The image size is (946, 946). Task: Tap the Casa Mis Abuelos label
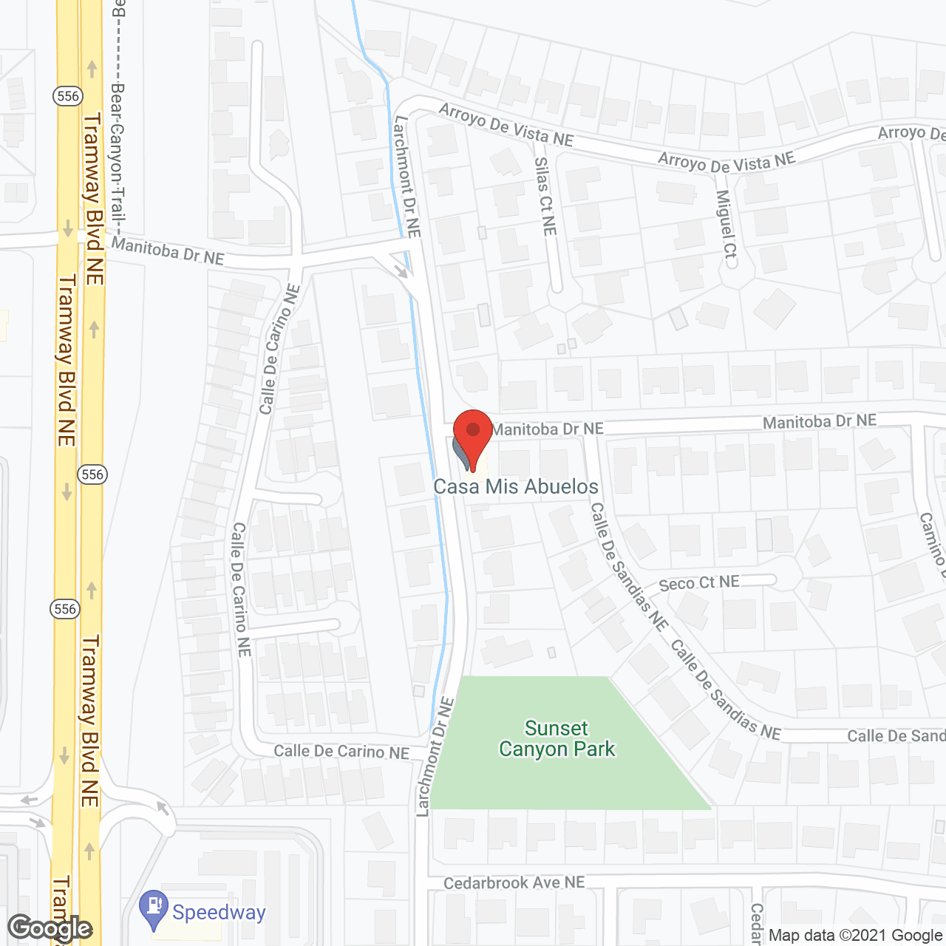[x=516, y=486]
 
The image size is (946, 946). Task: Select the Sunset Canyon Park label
[x=557, y=739]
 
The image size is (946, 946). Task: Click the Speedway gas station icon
[x=154, y=908]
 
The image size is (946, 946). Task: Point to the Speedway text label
[x=219, y=912]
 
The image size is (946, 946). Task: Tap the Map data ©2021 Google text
[x=855, y=935]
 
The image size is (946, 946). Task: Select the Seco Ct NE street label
[x=699, y=583]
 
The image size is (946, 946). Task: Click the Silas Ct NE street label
[x=545, y=197]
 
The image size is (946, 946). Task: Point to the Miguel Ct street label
[x=726, y=228]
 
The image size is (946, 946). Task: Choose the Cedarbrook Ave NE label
[x=514, y=882]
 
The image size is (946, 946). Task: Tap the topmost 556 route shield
[x=67, y=96]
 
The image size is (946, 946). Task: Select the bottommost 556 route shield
[x=65, y=609]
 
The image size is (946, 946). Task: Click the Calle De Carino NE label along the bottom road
[x=341, y=752]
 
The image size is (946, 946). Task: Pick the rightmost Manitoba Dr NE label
[x=820, y=421]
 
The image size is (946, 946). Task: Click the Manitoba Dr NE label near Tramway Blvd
[x=168, y=251]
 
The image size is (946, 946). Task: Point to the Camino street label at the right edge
[x=933, y=545]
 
